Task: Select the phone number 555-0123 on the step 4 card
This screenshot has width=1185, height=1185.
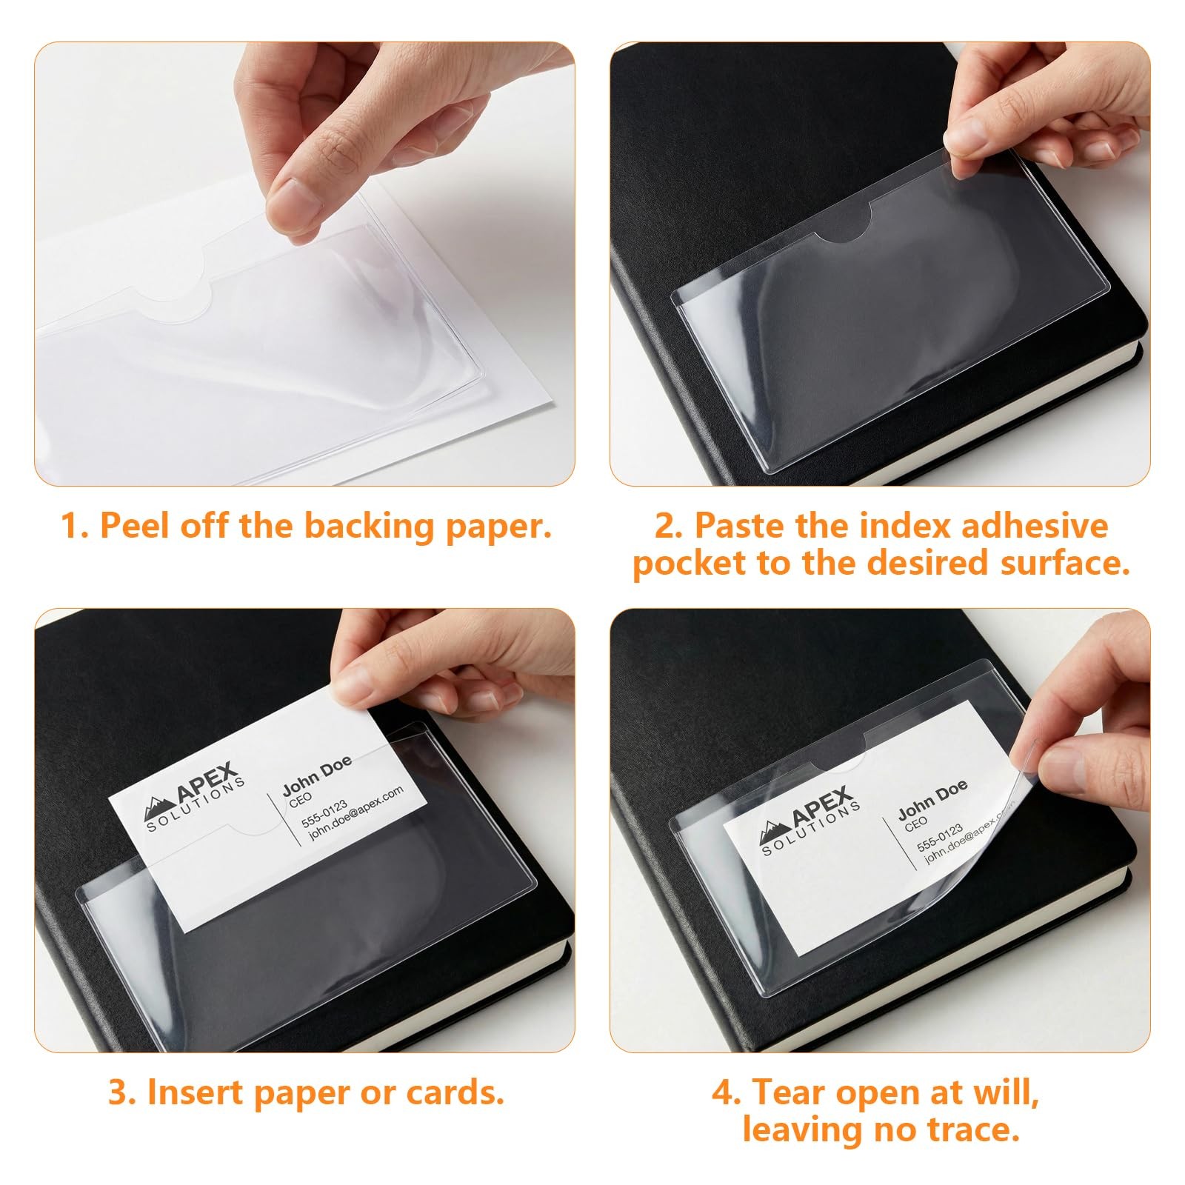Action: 940,837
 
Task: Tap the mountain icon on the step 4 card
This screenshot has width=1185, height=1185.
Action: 775,834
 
